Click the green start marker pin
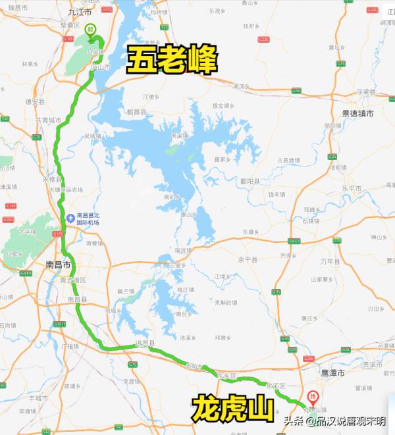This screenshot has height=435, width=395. [90, 30]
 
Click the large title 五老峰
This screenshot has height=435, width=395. [172, 61]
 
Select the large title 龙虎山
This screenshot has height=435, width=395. [233, 408]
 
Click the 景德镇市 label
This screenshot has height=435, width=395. [357, 113]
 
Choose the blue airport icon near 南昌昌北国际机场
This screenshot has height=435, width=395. [70, 218]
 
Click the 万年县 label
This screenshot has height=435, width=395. [327, 261]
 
